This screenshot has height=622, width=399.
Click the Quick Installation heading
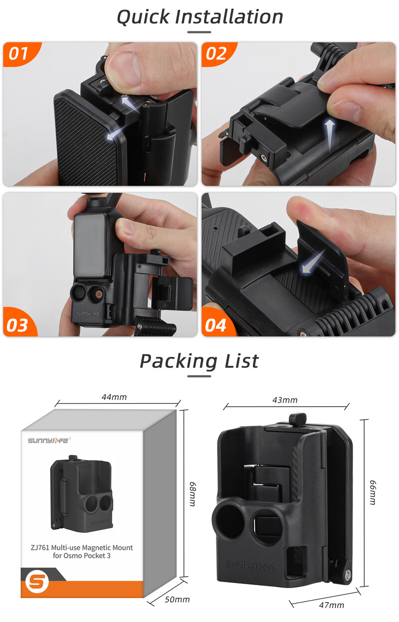pyautogui.click(x=199, y=17)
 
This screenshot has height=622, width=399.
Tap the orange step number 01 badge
pyautogui.click(x=18, y=53)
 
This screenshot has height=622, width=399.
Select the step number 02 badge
pyautogui.click(x=216, y=53)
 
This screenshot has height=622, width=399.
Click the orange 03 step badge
pyautogui.click(x=17, y=325)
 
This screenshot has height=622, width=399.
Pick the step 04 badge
pyautogui.click(x=215, y=325)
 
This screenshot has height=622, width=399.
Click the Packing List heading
pyautogui.click(x=199, y=361)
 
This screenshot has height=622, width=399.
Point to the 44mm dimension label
pyautogui.click(x=114, y=397)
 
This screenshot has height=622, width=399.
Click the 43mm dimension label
pyautogui.click(x=284, y=400)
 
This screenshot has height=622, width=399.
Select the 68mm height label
pyautogui.click(x=192, y=494)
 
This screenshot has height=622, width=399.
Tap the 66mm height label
pyautogui.click(x=372, y=493)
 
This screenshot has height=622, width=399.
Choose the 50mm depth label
pyautogui.click(x=177, y=600)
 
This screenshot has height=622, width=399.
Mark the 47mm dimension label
pyautogui.click(x=331, y=605)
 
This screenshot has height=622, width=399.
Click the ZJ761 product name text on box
pyautogui.click(x=82, y=551)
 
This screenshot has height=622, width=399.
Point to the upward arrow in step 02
pyautogui.click(x=329, y=133)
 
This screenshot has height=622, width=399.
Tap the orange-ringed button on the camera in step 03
pyautogui.click(x=99, y=294)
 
